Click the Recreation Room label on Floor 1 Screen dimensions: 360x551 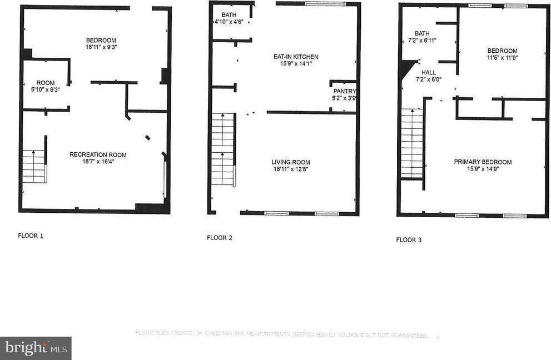click(x=98, y=154)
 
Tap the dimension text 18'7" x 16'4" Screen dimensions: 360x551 click(x=98, y=162)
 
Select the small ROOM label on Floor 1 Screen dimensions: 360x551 click(x=46, y=83)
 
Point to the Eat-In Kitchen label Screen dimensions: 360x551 click(x=295, y=57)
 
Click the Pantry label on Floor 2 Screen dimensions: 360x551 click(x=344, y=91)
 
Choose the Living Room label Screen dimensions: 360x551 click(x=290, y=162)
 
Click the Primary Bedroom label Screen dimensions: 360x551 click(x=483, y=162)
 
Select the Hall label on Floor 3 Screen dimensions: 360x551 click(x=429, y=72)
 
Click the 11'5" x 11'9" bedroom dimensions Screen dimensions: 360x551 click(x=503, y=57)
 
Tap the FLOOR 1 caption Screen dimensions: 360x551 click(x=31, y=236)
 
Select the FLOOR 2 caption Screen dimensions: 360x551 click(x=220, y=238)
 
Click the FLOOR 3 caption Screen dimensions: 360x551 click(x=409, y=240)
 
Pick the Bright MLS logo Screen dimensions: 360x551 click(x=36, y=348)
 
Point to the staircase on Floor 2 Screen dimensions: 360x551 click(x=222, y=149)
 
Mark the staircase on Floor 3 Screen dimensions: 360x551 click(x=412, y=143)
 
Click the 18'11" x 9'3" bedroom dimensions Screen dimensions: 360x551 click(x=101, y=47)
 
